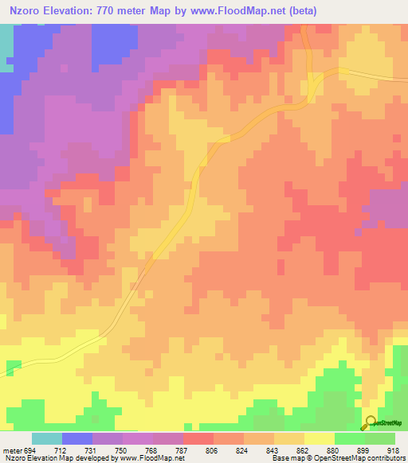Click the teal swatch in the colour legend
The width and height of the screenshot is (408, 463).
[x=47, y=438]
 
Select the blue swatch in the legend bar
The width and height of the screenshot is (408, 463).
[x=77, y=438]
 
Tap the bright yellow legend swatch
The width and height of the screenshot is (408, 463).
[x=320, y=438]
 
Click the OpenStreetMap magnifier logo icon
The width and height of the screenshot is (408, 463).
[x=371, y=422]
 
